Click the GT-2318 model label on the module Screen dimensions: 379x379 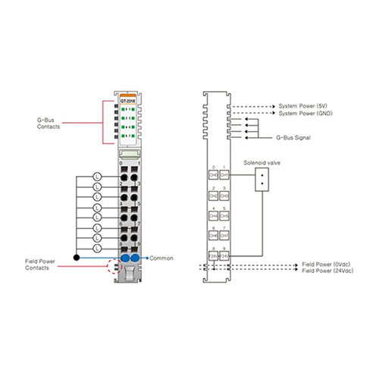(127, 99)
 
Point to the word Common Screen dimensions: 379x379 (161, 258)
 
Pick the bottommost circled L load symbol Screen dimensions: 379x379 (97, 247)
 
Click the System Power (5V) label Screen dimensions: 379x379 (305, 106)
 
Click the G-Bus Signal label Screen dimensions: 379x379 (294, 138)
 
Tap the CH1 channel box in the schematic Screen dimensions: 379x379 (224, 175)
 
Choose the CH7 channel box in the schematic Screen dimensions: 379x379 (224, 236)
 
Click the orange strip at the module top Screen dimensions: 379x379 (127, 92)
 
